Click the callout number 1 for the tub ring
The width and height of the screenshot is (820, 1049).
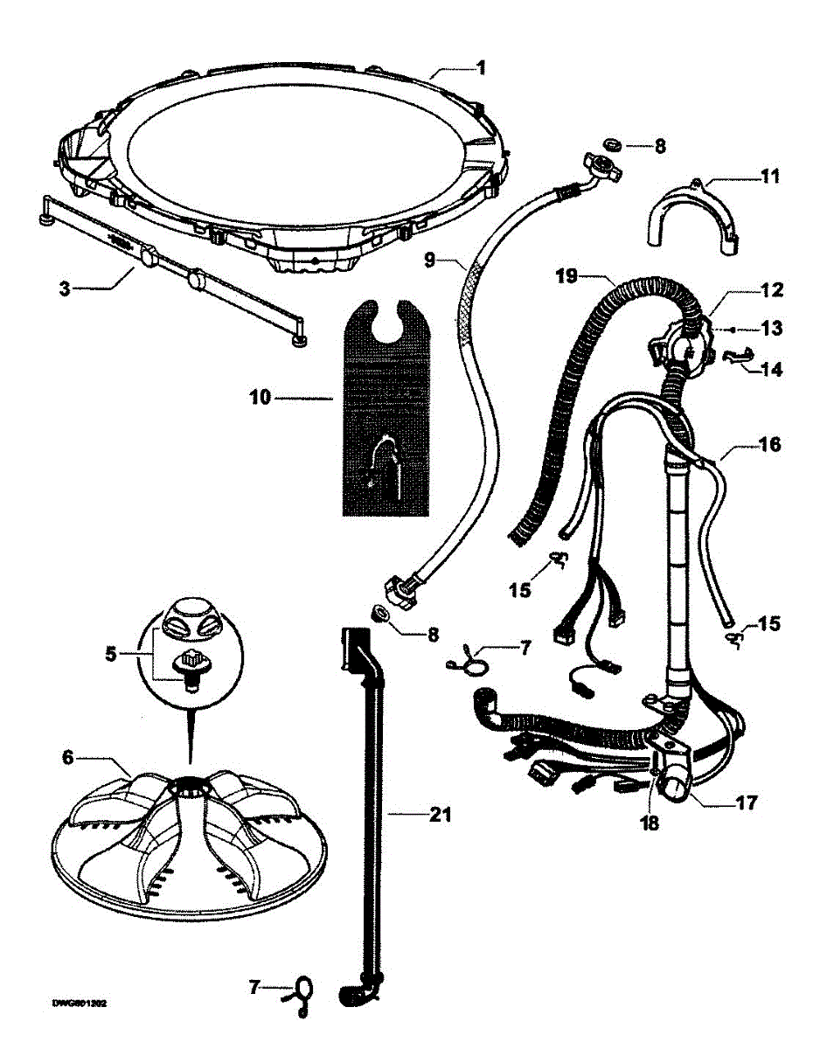point(481,67)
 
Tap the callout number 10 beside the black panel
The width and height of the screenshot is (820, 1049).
point(259,399)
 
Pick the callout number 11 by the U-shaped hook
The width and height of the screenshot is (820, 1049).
point(769,176)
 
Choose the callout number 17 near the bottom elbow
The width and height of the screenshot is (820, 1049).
point(747,801)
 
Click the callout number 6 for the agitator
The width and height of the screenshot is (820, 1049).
point(68,758)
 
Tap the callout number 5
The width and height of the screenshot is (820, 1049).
point(111,652)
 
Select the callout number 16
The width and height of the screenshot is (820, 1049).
point(770,445)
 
